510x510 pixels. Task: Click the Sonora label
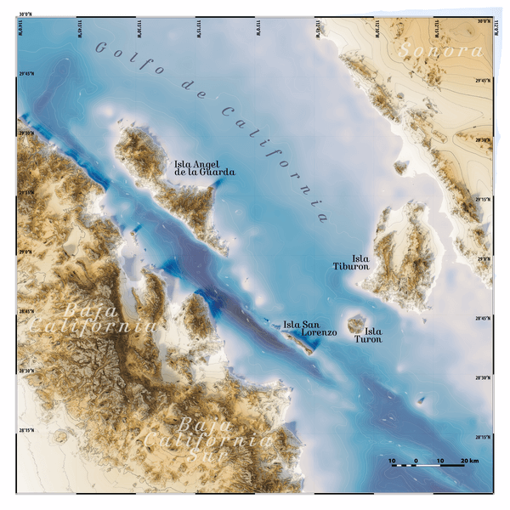tap(439, 50)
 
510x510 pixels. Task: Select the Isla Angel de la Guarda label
tap(204, 167)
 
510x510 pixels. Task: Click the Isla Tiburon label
tap(350, 262)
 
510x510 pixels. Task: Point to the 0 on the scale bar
tap(416, 461)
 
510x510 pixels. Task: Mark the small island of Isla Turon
tap(356, 324)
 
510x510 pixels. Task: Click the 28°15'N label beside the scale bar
tap(484, 437)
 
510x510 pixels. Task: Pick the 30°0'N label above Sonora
tap(484, 21)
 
